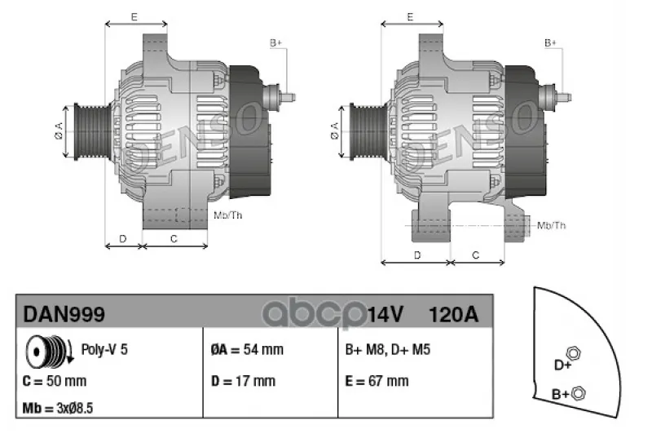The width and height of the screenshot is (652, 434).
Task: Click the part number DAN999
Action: [x=64, y=314]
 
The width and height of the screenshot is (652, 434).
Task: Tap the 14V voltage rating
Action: [x=385, y=315]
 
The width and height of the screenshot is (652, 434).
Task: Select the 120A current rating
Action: [x=453, y=315]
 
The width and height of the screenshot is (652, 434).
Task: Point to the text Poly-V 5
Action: [x=104, y=349]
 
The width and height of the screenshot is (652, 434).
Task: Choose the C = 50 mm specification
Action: [x=55, y=381]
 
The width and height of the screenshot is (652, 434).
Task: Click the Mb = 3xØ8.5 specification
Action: [x=58, y=408]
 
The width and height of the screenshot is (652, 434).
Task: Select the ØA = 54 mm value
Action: [x=247, y=349]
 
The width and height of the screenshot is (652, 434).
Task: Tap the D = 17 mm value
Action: [x=243, y=381]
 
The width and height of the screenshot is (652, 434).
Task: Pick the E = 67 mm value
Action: [x=377, y=381]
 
